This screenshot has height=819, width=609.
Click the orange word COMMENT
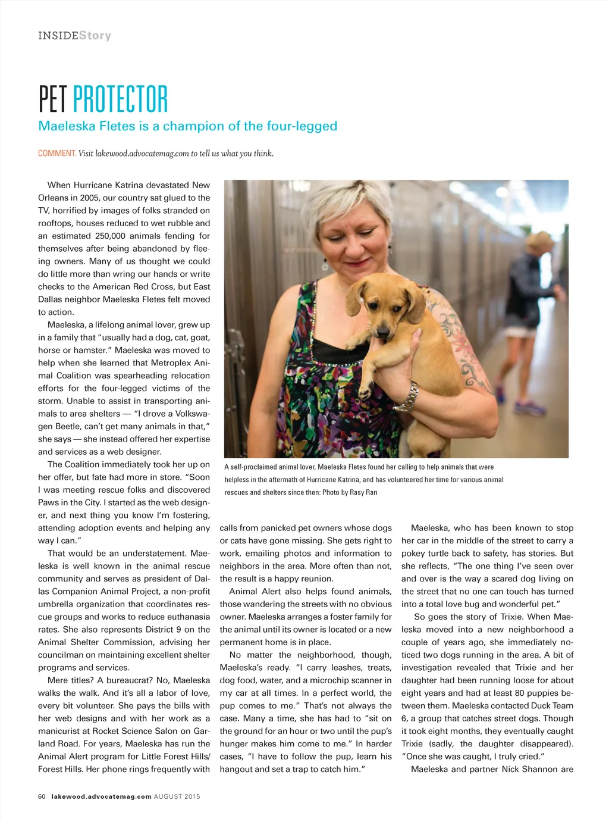click(56, 154)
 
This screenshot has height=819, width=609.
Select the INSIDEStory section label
click(74, 36)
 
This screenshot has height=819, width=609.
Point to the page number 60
click(42, 796)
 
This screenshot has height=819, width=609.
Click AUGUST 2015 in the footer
click(177, 796)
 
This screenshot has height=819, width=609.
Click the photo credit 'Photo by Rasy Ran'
click(349, 493)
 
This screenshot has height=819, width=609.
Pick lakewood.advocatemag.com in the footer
click(101, 796)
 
